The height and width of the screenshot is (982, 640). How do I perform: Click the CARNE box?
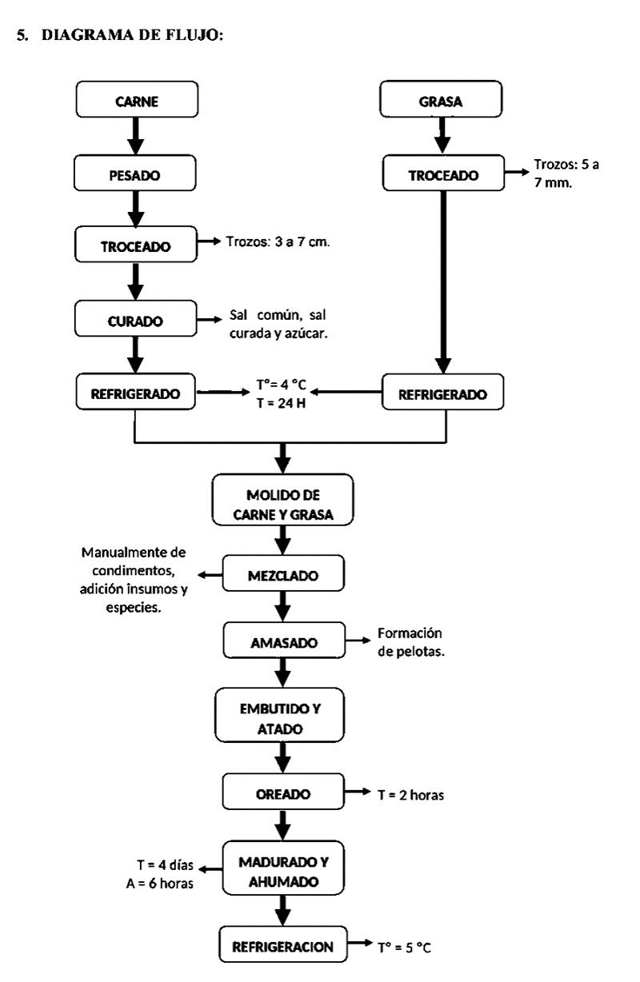click(136, 102)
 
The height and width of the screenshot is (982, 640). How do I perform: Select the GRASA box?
click(440, 102)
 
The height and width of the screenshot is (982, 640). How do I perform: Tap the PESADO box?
click(136, 175)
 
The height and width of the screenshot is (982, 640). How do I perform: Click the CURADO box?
click(136, 321)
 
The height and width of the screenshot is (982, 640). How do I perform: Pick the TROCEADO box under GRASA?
click(444, 175)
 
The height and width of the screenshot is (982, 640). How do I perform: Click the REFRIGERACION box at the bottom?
click(282, 947)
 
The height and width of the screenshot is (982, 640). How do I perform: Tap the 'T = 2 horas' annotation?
click(410, 795)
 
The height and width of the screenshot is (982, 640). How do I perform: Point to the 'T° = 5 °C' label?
click(404, 948)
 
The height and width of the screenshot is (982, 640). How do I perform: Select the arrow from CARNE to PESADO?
click(136, 137)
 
